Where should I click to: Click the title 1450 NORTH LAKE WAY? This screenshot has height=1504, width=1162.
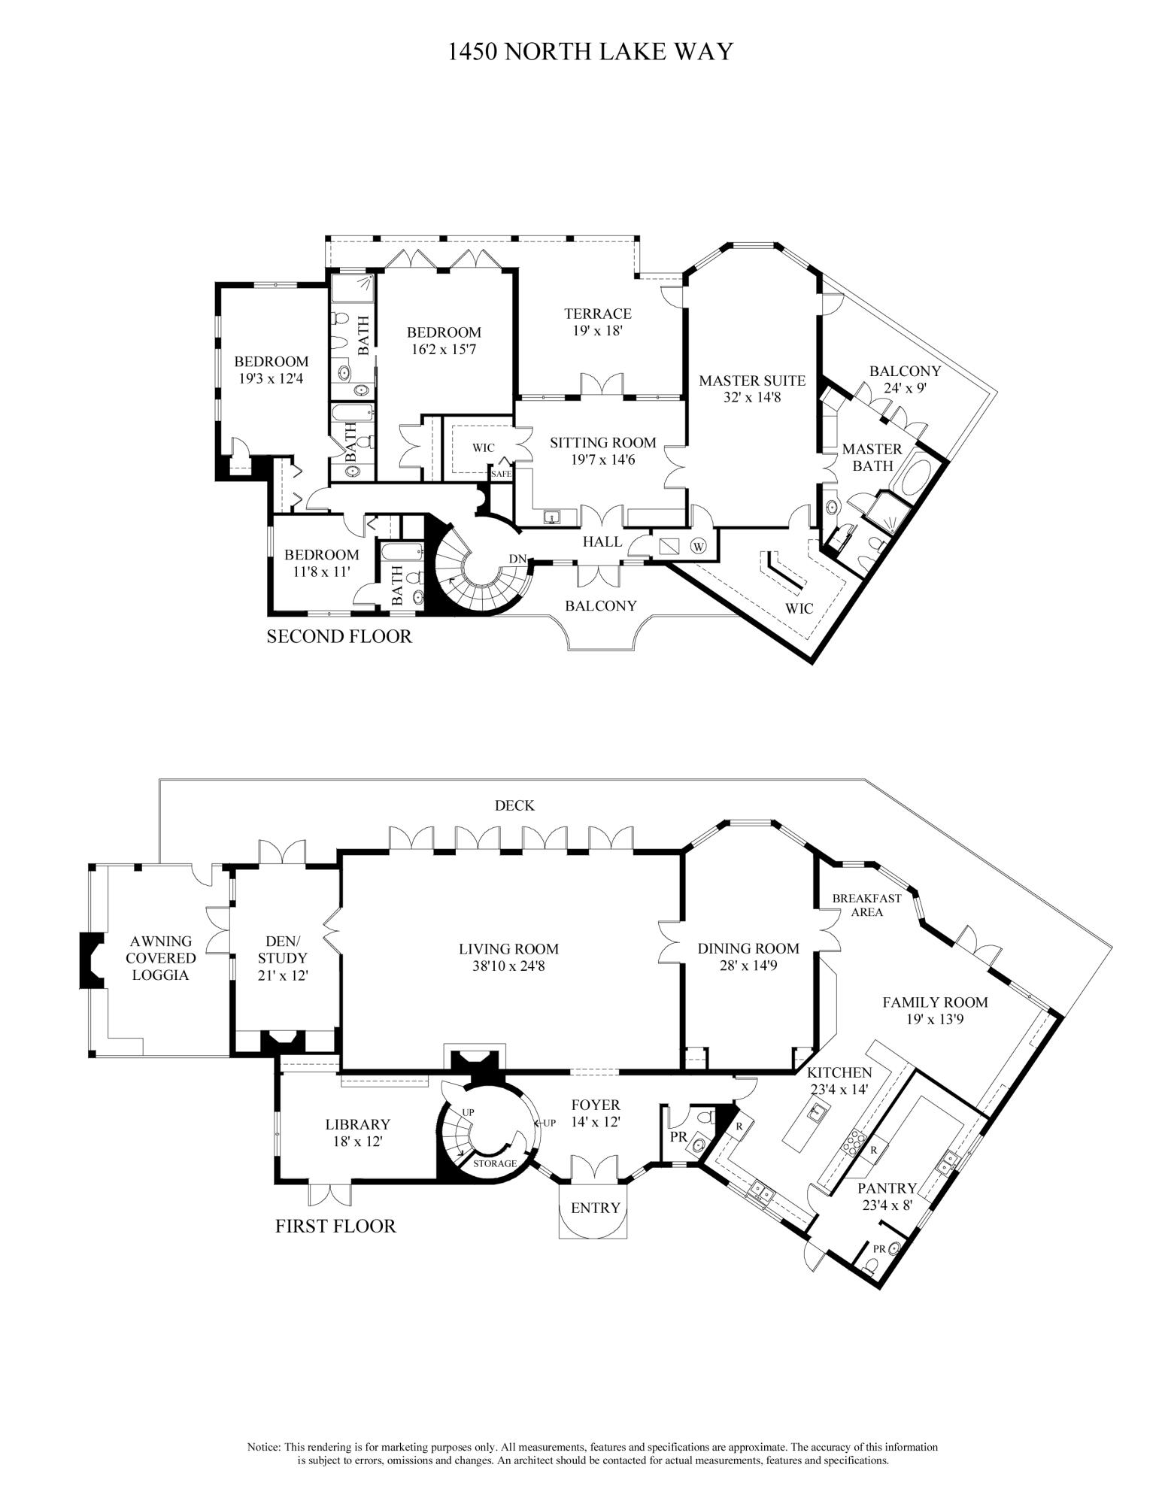tap(590, 52)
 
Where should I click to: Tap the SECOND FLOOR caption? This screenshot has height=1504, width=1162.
tap(339, 637)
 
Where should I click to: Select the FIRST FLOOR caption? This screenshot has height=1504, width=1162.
tap(335, 1227)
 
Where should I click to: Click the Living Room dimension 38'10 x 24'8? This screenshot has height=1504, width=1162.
tap(508, 966)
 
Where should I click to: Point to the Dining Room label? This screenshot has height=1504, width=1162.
tap(748, 949)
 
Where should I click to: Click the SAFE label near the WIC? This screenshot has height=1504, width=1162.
tap(501, 474)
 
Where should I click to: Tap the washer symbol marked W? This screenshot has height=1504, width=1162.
tap(699, 546)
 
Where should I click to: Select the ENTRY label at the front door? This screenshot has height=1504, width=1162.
tap(595, 1208)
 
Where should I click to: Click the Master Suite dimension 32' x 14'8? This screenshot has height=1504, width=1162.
tap(751, 397)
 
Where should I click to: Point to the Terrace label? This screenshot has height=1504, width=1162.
tap(598, 314)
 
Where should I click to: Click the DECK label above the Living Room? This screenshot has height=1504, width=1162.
tap(514, 805)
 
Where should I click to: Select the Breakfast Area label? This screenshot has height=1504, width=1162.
tap(866, 905)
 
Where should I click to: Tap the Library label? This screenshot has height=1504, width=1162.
tap(357, 1124)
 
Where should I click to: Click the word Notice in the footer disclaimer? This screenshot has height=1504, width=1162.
tap(263, 1447)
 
